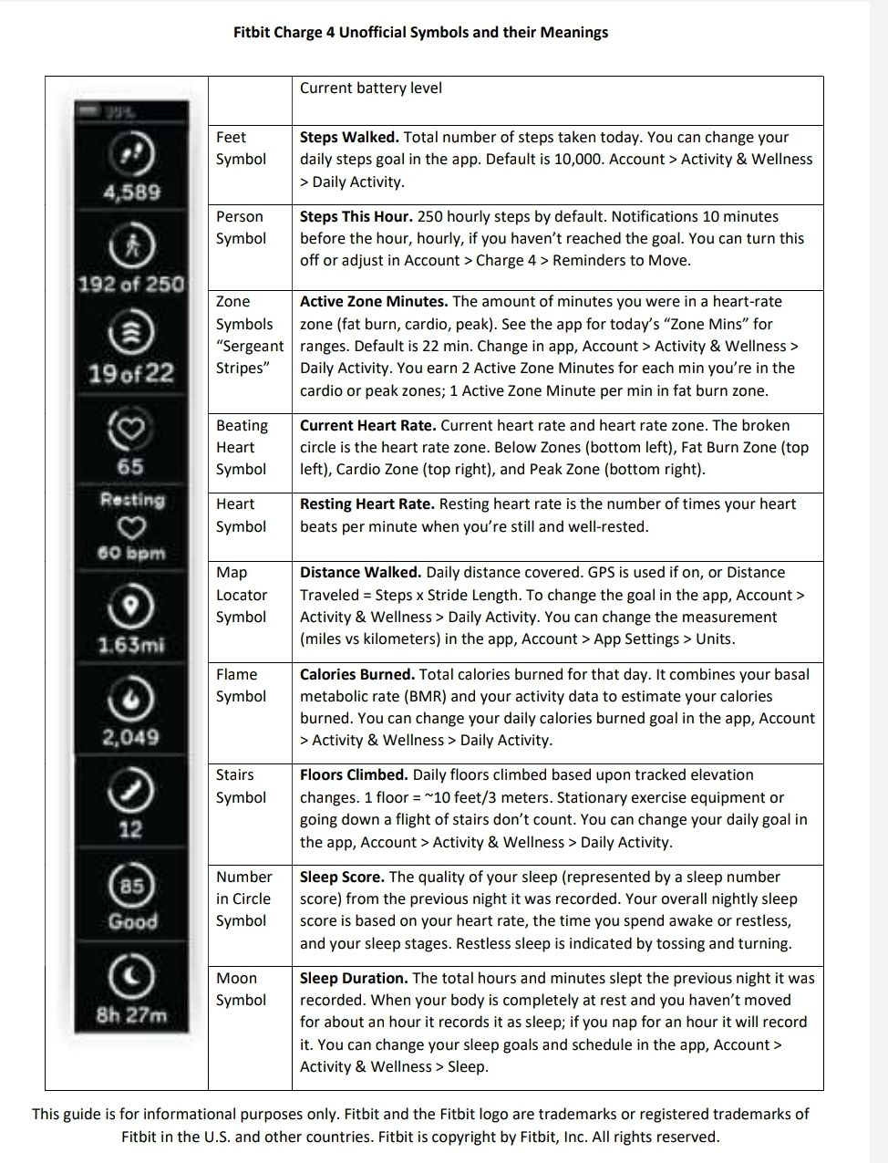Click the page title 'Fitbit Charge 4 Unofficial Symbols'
[x=420, y=33]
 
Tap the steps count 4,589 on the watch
[x=131, y=192]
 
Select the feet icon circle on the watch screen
[x=131, y=153]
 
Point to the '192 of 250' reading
[x=131, y=284]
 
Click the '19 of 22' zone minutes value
[x=131, y=373]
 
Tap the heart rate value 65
[x=130, y=466]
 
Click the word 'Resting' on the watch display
[x=132, y=500]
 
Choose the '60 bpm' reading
[x=131, y=553]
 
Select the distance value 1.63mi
[x=131, y=645]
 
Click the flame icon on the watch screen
[x=131, y=698]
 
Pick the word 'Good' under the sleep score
[x=132, y=921]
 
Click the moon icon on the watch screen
[x=131, y=977]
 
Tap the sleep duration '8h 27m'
[x=131, y=1015]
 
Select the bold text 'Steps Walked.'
[x=349, y=138]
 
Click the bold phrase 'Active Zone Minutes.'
[x=374, y=302]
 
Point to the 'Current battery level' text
[x=370, y=88]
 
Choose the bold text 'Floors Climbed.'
[x=354, y=775]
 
